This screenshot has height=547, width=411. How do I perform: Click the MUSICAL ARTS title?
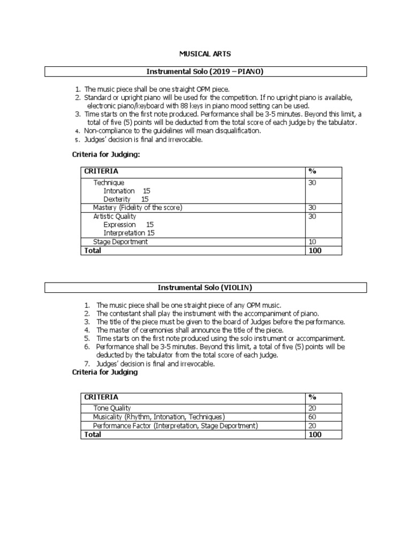click(x=205, y=54)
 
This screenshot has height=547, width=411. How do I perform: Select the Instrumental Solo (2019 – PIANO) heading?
click(x=205, y=72)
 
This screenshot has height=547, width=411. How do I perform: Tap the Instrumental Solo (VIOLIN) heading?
click(x=205, y=288)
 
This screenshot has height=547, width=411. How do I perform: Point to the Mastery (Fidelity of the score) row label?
click(x=138, y=207)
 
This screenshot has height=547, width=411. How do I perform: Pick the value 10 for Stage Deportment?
click(x=313, y=242)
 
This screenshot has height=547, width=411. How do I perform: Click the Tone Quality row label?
click(x=112, y=408)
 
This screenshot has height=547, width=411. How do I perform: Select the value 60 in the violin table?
click(x=313, y=417)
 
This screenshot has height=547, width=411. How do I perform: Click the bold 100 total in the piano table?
click(x=315, y=251)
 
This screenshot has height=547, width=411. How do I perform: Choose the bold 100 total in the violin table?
click(x=315, y=435)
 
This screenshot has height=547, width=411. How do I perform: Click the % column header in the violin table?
click(x=313, y=397)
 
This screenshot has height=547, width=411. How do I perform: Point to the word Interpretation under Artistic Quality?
click(x=124, y=233)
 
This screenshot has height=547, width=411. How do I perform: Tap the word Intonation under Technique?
click(x=119, y=191)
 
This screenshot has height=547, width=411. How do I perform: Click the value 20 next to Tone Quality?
click(x=313, y=408)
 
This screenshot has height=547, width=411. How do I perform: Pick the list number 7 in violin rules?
click(x=86, y=364)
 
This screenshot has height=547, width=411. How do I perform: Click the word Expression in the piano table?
click(x=119, y=225)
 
